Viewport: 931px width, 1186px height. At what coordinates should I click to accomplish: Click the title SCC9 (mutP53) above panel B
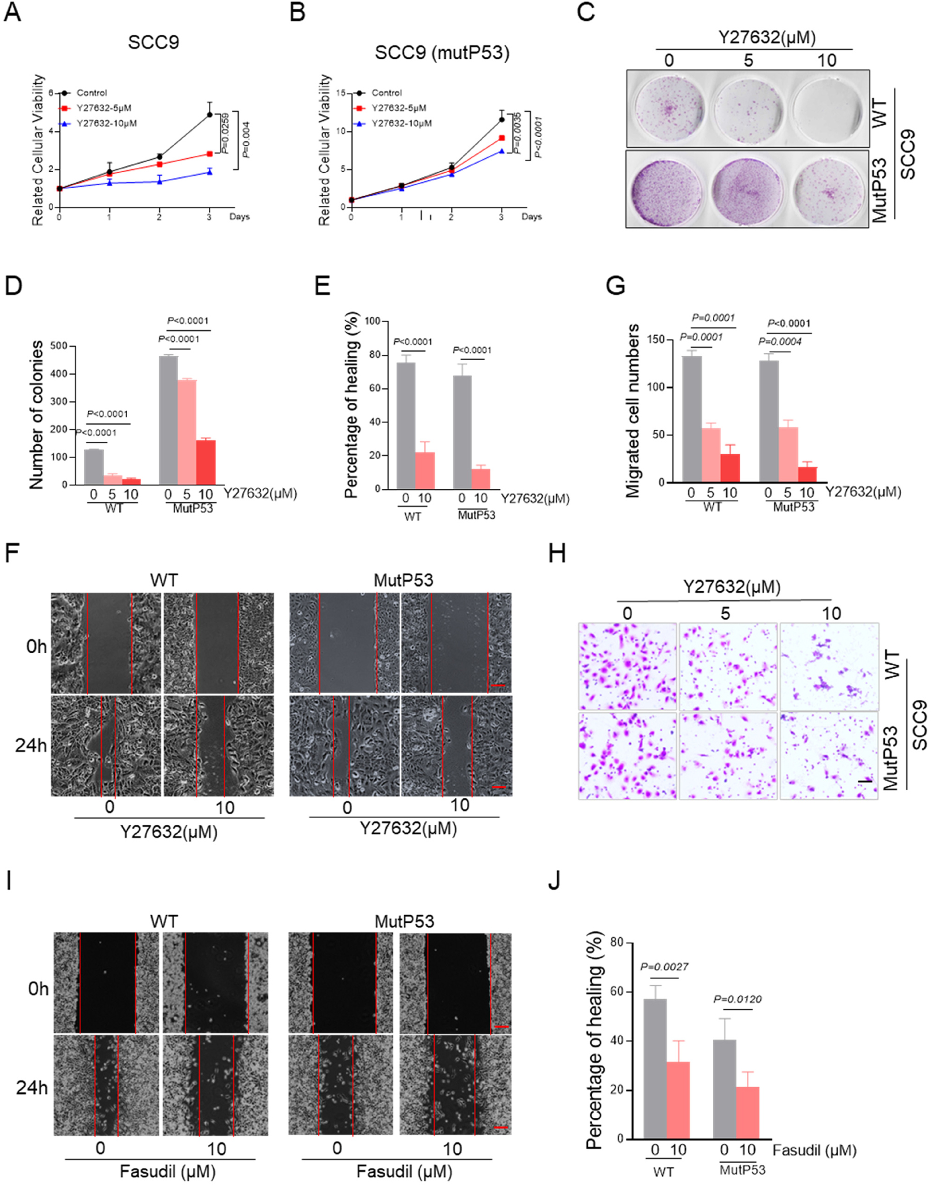[442, 53]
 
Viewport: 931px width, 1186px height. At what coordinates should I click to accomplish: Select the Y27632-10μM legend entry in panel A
[106, 123]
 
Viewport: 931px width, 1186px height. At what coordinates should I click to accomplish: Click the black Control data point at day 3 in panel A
[209, 114]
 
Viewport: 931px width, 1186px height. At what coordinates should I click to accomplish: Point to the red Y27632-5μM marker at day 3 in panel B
[501, 138]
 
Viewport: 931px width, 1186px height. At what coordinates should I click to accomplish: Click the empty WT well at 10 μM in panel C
[828, 109]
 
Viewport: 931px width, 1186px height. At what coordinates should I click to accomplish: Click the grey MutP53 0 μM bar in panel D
[168, 420]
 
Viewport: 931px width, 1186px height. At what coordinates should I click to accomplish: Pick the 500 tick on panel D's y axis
[58, 346]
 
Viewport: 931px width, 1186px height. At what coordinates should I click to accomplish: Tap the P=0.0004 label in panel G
[780, 341]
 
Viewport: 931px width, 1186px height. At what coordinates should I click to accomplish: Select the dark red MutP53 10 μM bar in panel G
[807, 474]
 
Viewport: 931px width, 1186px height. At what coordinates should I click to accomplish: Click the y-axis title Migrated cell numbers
[632, 411]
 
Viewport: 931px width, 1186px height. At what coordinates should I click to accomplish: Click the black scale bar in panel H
[865, 782]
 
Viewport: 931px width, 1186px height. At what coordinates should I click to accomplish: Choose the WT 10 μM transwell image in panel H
[829, 666]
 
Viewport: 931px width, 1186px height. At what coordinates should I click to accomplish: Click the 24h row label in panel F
[30, 745]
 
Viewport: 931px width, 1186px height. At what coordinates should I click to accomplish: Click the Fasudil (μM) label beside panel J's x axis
[814, 1150]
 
